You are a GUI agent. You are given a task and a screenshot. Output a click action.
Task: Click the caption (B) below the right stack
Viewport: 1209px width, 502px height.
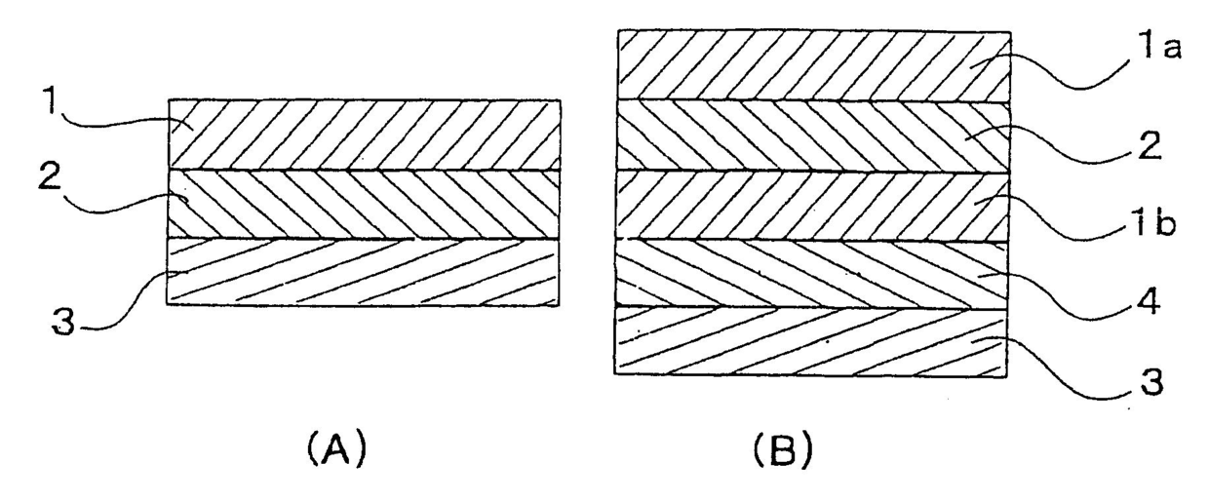(x=782, y=449)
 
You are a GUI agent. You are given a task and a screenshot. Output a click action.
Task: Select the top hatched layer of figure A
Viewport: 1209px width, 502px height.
(x=364, y=135)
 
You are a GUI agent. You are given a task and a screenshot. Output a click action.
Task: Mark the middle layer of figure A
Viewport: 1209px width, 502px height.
(x=364, y=204)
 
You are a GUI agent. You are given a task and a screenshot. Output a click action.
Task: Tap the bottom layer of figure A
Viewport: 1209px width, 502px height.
(x=364, y=272)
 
